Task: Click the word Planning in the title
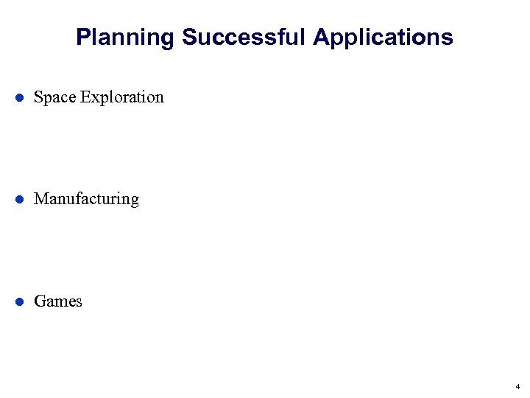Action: (x=125, y=37)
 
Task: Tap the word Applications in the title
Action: (x=383, y=37)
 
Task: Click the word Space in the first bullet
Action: (x=55, y=97)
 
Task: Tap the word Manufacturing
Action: (x=86, y=199)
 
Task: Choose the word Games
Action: (x=58, y=301)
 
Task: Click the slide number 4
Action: (x=517, y=386)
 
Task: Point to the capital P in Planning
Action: (x=82, y=37)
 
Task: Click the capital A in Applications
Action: (x=320, y=37)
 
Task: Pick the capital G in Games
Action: (x=40, y=301)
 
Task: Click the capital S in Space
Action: (x=38, y=97)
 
